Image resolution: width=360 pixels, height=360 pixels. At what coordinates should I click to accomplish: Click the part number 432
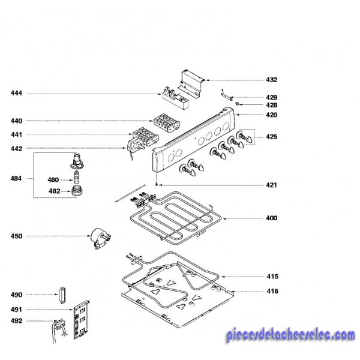point(272,80)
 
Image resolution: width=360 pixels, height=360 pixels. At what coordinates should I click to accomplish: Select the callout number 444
point(16,93)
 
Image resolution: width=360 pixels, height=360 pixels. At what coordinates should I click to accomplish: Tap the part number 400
point(272,218)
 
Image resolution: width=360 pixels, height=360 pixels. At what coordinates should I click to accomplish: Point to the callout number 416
point(272,291)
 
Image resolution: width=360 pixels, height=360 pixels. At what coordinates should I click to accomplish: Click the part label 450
point(16,236)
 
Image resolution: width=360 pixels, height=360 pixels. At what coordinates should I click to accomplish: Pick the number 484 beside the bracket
point(16,178)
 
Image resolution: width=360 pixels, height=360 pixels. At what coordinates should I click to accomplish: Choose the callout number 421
point(271,185)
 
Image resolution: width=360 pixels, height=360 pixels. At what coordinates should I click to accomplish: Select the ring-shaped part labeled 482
point(77,191)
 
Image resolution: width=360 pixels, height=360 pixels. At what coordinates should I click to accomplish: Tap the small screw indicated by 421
point(157,184)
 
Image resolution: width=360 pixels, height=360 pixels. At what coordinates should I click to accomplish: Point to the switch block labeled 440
point(167,123)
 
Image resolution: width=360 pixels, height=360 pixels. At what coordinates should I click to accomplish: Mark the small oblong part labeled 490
point(62,295)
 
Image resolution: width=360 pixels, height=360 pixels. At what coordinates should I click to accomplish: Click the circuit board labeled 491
point(81,319)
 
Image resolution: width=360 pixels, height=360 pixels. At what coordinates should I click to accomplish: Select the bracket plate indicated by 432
point(191,83)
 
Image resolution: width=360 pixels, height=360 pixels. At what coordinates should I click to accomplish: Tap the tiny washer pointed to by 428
point(238,104)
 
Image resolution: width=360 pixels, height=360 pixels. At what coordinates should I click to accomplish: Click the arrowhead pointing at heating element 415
point(222,277)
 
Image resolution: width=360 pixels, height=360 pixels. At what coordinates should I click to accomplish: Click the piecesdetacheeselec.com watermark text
point(290,335)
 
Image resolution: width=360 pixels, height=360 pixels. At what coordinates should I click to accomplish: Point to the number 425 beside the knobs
point(272,137)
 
